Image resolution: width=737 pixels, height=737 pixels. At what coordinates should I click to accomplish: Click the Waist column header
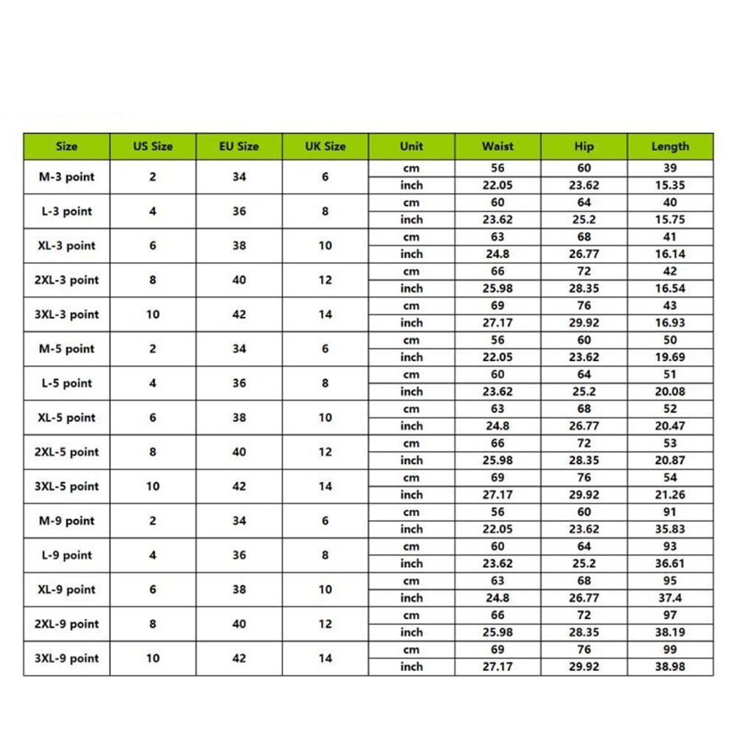[x=497, y=146]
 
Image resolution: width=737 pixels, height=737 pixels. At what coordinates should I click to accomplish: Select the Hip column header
[x=584, y=146]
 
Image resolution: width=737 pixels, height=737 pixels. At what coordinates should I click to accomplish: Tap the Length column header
[x=670, y=146]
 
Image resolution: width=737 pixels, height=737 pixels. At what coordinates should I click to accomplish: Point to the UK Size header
[x=325, y=146]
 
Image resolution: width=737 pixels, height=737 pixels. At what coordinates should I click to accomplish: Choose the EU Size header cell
[x=239, y=146]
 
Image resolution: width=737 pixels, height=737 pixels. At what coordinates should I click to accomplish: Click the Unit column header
[x=411, y=146]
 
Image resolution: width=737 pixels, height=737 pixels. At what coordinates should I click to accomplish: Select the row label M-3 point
[x=66, y=177]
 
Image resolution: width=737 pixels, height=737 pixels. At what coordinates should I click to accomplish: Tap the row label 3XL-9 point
[x=66, y=658]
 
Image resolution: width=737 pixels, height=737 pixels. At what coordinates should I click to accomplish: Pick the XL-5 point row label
[x=66, y=417]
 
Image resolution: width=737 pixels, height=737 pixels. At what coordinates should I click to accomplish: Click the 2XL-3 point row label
[x=66, y=280]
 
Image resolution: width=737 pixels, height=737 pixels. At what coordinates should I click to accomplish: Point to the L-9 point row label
[x=66, y=555]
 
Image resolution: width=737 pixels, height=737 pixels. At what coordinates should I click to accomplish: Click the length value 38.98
[x=670, y=667]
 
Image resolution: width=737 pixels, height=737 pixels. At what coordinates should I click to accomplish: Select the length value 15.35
[x=670, y=185]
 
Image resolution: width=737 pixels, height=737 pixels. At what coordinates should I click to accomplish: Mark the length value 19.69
[x=670, y=357]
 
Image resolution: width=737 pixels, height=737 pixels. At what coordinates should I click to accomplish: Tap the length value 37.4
[x=670, y=598]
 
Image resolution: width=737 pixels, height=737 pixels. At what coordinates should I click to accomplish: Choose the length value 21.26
[x=670, y=495]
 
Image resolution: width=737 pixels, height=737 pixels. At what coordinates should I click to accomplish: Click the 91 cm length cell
[x=670, y=512]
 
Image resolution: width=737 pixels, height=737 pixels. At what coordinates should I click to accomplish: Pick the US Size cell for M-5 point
[x=153, y=349]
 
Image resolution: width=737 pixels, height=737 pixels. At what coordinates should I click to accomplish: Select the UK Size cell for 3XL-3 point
[x=325, y=314]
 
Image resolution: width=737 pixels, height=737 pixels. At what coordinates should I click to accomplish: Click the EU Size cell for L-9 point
[x=239, y=555]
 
